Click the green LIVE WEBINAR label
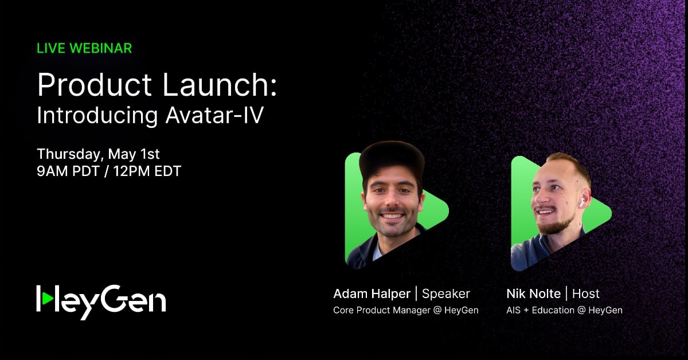[x=84, y=48]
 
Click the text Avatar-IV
[x=214, y=116]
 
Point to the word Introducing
[x=97, y=116]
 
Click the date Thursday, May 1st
[x=98, y=154]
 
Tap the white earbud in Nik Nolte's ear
[x=581, y=202]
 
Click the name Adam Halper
[x=372, y=294]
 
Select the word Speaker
[x=445, y=294]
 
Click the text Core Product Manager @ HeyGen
[x=405, y=310]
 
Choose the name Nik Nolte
[x=533, y=294]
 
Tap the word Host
[x=585, y=294]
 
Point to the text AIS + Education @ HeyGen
[x=564, y=310]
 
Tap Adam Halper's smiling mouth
[x=392, y=217]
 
